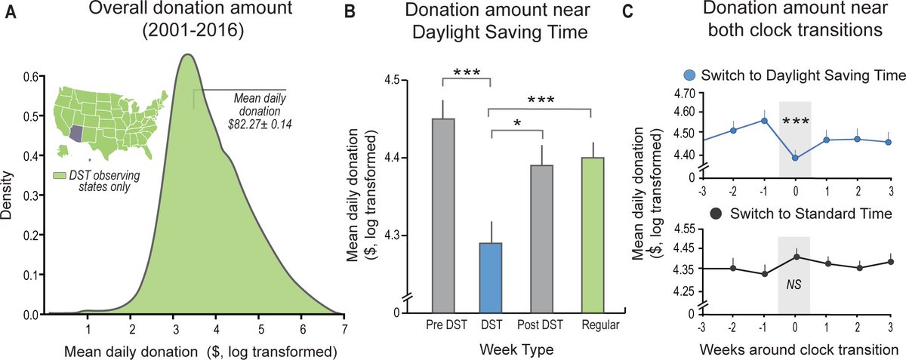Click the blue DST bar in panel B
[491, 278]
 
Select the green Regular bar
[593, 235]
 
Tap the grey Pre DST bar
[443, 216]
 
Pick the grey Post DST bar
[541, 238]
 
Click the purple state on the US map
[76, 134]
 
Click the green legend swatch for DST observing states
[60, 176]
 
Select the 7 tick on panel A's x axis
[344, 329]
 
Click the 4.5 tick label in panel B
[391, 80]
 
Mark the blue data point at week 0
[795, 158]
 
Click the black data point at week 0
[795, 257]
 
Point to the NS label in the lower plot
[794, 285]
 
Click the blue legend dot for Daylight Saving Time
[690, 75]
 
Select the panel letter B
[350, 12]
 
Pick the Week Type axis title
[516, 349]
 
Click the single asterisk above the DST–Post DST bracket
[517, 122]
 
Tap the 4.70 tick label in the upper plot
[684, 94]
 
